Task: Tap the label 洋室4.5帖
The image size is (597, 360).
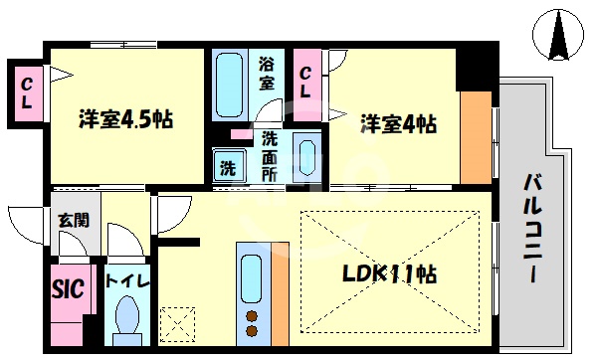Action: click(x=126, y=120)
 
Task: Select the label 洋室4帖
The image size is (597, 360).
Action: click(x=397, y=124)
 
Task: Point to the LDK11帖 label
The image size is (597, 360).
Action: click(x=389, y=273)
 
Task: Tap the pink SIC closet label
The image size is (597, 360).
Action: click(x=68, y=288)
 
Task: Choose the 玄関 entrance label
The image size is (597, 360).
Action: click(x=71, y=220)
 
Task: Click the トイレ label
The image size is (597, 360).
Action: click(x=126, y=281)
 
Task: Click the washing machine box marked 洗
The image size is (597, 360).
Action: click(x=228, y=166)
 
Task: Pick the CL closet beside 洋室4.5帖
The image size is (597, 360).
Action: click(x=25, y=93)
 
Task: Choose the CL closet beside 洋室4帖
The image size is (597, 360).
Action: click(x=306, y=79)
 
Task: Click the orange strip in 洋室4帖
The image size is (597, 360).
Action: click(x=477, y=138)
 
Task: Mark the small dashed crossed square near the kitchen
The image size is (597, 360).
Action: click(x=177, y=322)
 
